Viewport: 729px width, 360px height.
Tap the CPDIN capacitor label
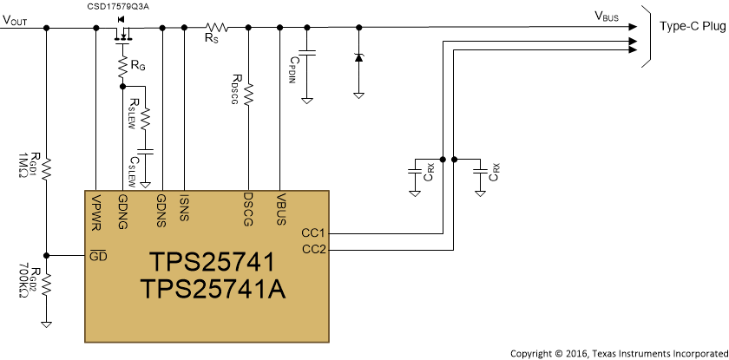coord(295,70)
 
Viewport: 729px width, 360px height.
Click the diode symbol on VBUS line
coord(358,57)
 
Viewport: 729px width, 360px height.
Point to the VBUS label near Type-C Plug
coord(608,16)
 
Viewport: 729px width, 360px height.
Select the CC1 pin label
coord(312,232)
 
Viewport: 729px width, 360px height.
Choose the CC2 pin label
coord(312,250)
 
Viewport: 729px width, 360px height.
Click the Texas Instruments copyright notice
coord(617,352)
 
